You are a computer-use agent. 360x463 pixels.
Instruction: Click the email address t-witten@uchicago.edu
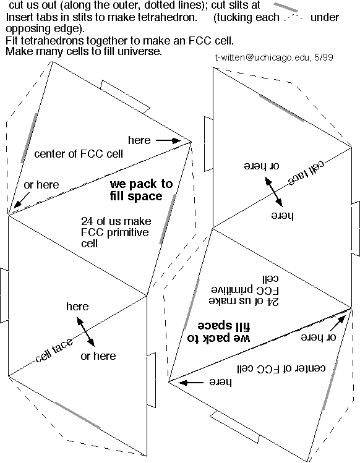tap(262, 57)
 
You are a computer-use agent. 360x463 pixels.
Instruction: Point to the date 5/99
tap(324, 57)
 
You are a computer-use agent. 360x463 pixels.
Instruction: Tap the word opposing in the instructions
tap(24, 29)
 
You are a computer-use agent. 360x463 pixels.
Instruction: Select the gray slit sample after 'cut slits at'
tap(286, 7)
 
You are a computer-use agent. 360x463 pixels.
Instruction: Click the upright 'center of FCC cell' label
tap(79, 153)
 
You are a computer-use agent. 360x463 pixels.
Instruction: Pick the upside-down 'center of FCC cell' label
tap(281, 368)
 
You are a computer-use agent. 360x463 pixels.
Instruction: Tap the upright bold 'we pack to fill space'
tap(141, 190)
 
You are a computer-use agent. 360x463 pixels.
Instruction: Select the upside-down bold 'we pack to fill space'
tap(219, 331)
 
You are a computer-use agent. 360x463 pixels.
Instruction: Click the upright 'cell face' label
tap(54, 350)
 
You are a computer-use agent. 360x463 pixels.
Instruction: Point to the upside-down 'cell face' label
tap(306, 173)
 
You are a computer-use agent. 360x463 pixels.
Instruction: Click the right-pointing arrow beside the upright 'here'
tap(168, 140)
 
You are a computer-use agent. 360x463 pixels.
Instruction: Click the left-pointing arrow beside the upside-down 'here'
tap(191, 383)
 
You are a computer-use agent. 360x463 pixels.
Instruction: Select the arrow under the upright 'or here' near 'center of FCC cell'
tap(22, 200)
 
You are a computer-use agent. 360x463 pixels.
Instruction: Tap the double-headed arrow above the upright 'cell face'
tap(86, 331)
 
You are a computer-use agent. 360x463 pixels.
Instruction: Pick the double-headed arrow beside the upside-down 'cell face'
tap(273, 192)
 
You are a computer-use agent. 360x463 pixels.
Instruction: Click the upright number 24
tap(87, 221)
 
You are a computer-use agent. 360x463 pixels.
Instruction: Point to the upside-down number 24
tap(273, 302)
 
